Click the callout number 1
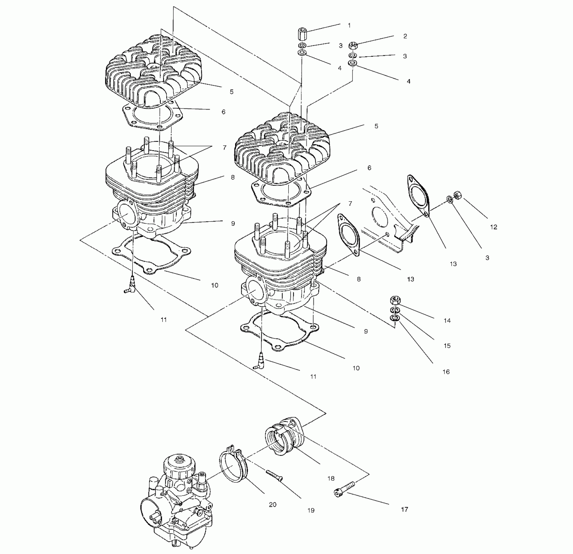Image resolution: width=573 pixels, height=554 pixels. coord(349,25)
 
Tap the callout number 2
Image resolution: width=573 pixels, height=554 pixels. coord(405,36)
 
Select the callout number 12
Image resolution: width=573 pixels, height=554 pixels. coord(493,227)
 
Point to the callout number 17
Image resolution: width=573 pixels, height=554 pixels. coord(404,509)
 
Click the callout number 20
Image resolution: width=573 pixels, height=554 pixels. coord(273,504)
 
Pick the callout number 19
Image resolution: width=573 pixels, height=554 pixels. coord(311,510)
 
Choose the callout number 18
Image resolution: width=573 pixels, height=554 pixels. coord(331,478)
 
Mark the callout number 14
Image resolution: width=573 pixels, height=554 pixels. coord(447,321)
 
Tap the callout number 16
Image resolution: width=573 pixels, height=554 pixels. coord(446,372)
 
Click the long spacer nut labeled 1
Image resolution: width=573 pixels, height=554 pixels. coord(302,34)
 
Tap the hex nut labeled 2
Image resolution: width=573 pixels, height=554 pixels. coord(353,45)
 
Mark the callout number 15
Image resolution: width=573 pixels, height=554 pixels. coord(447,346)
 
